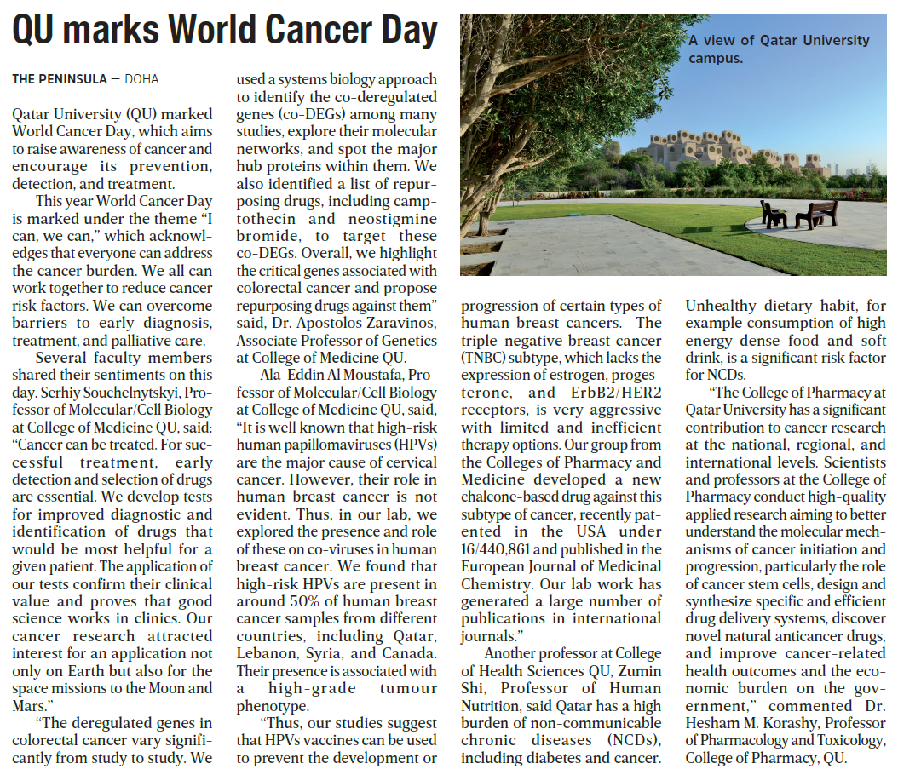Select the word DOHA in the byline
pos(141,79)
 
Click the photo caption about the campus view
pos(779,49)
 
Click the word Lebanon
pos(268,653)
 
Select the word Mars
pos(32,705)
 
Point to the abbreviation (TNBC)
pos(487,357)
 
